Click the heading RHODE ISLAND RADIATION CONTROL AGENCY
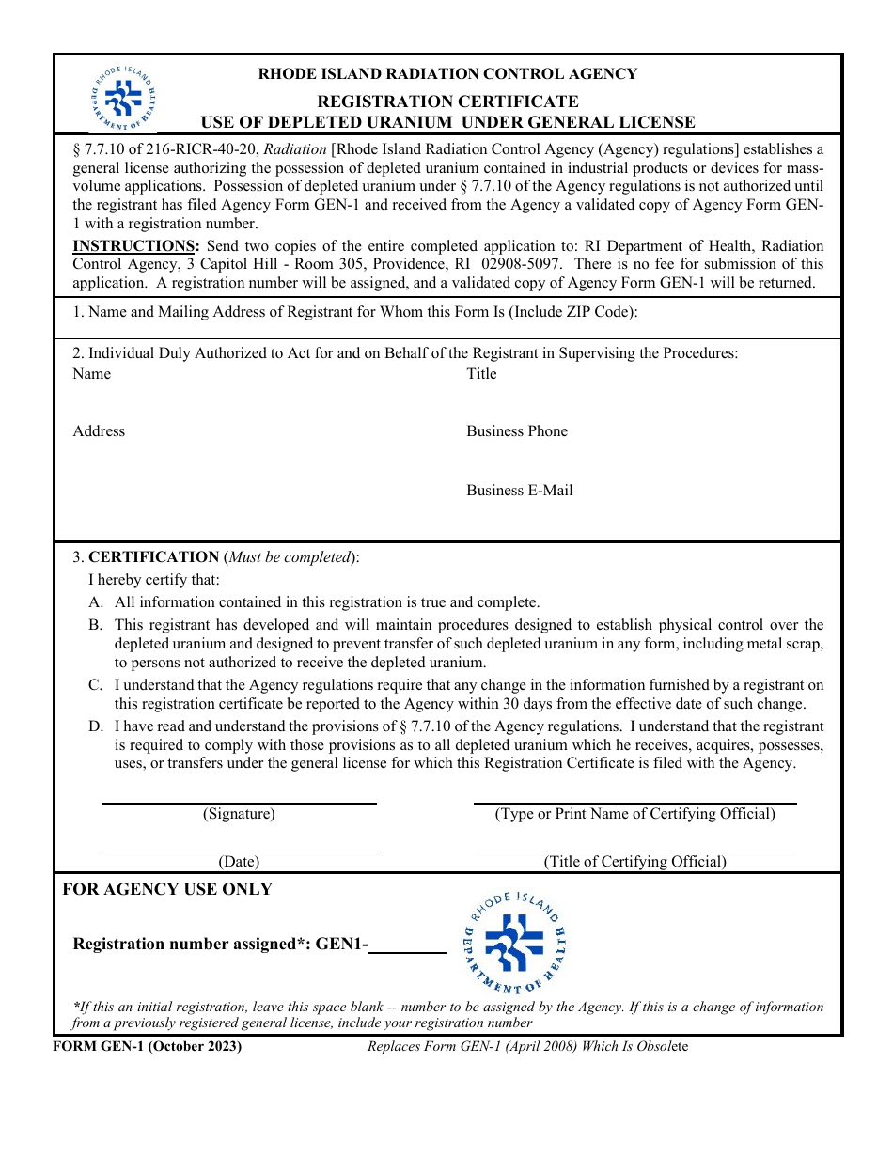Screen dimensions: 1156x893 click(x=447, y=74)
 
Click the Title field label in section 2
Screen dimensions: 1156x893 click(x=481, y=374)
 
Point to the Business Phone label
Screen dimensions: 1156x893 click(x=517, y=431)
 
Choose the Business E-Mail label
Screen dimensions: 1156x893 click(x=519, y=491)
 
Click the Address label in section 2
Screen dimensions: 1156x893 click(x=99, y=431)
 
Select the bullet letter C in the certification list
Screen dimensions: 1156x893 click(x=96, y=685)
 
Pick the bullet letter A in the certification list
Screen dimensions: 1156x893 click(x=96, y=602)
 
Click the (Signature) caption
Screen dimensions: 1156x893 click(x=239, y=814)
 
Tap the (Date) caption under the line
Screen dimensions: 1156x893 click(x=239, y=861)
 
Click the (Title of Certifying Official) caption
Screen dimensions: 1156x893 click(x=634, y=861)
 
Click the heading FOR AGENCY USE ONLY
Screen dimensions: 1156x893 click(x=167, y=889)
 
